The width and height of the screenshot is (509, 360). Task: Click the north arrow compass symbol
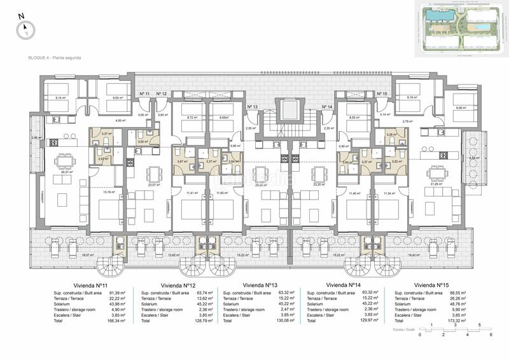pos(25,27)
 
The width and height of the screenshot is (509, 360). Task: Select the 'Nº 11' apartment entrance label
pos(144,94)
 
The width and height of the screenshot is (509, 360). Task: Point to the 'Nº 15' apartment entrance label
pos(382,94)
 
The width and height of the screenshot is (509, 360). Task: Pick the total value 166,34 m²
pos(116,322)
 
